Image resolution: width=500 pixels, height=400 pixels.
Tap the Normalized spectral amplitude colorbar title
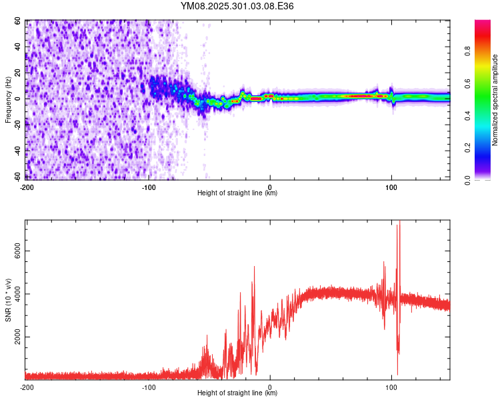pos(495,99)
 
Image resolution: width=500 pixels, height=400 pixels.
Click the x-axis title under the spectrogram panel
pos(237,193)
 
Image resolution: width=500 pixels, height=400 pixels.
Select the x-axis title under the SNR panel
pos(237,393)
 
